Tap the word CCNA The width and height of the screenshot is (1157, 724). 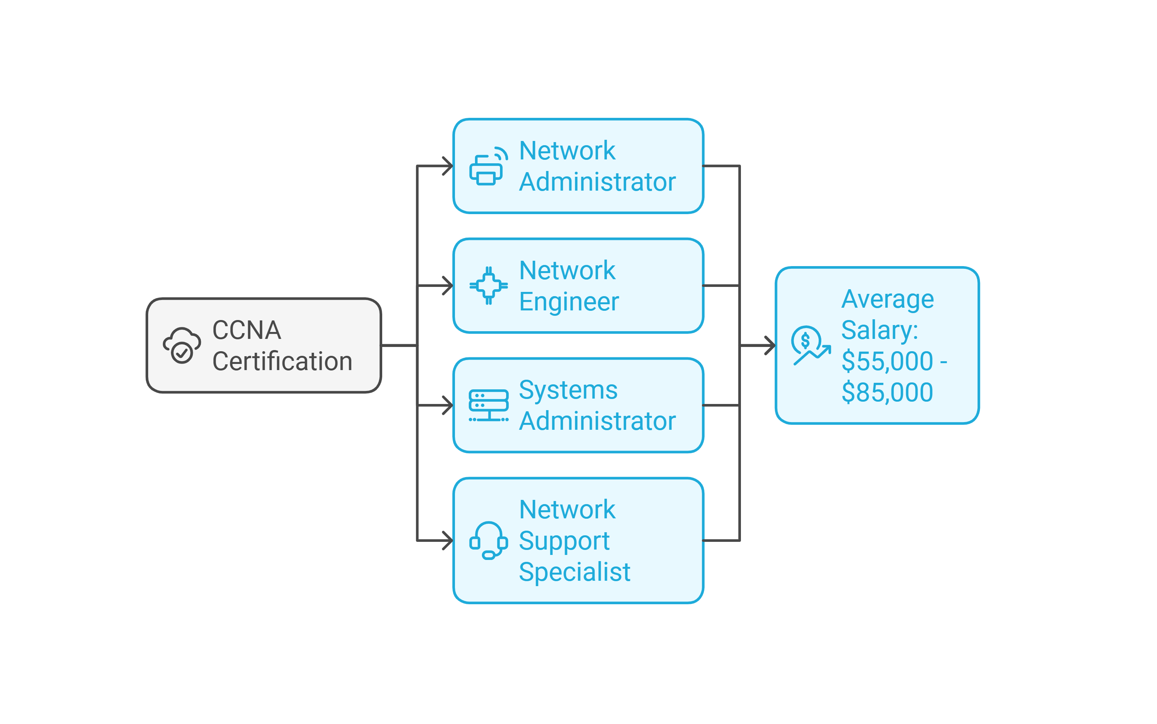click(x=246, y=330)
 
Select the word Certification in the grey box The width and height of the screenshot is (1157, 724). click(x=282, y=362)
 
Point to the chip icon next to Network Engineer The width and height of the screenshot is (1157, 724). click(x=488, y=285)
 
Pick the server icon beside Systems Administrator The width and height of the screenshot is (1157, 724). click(x=488, y=406)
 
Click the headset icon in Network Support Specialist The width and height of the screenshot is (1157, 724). click(x=488, y=540)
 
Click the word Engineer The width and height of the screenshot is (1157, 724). click(x=569, y=302)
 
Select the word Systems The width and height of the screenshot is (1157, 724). click(x=568, y=390)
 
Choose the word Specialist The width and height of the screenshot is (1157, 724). click(x=575, y=572)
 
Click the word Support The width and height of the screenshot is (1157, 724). click(x=564, y=541)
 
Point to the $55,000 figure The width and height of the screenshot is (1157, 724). click(x=887, y=361)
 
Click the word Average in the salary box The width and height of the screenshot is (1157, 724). click(x=888, y=299)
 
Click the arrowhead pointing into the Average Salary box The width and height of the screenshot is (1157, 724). click(x=771, y=345)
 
